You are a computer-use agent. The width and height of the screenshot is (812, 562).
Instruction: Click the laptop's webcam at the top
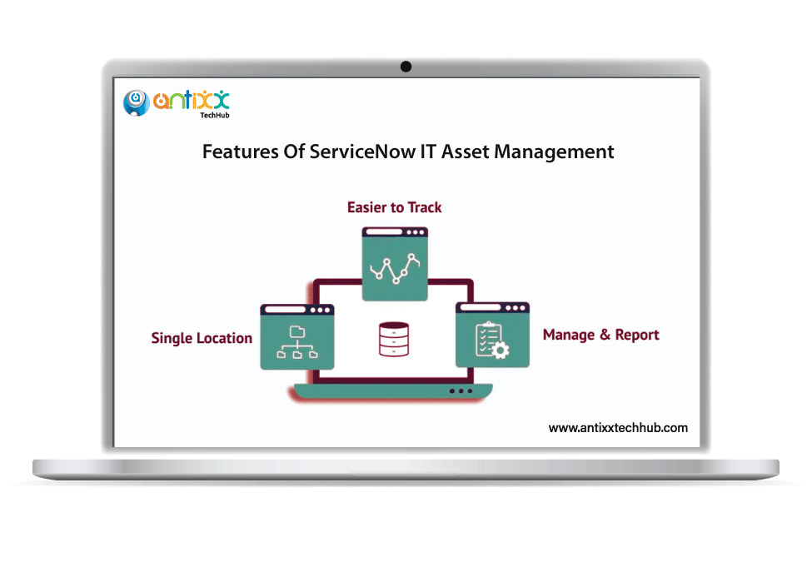coord(406,67)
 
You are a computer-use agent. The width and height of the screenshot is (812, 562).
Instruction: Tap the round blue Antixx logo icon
coord(136,102)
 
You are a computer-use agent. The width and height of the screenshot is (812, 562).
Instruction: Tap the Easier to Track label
coord(395,207)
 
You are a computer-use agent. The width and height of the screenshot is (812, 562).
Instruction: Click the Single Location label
coord(202,338)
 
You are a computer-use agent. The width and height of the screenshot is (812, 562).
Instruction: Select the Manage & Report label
coord(600,335)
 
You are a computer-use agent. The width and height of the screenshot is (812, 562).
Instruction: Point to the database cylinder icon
coord(393,340)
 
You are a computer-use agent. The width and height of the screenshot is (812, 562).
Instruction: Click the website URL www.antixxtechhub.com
coord(618,428)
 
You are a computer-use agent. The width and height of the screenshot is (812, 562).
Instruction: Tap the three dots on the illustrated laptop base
coord(460,390)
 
